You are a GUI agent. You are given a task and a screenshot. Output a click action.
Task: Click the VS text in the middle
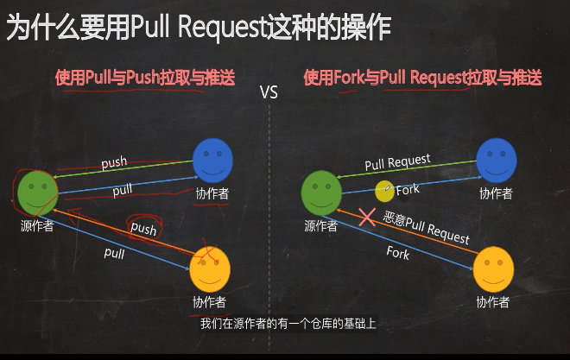tap(269, 92)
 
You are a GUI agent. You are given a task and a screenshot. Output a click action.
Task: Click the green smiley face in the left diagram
tap(37, 193)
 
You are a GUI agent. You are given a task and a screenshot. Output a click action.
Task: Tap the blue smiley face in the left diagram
tap(212, 161)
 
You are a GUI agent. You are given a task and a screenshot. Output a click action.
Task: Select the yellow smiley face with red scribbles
tap(209, 267)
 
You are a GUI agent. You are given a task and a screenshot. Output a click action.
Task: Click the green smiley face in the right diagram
tap(320, 192)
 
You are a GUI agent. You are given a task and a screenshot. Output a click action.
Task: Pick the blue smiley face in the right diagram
tap(496, 160)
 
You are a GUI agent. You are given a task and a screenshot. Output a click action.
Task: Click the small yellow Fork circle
tap(384, 190)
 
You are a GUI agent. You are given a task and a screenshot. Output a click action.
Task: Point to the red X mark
tap(367, 217)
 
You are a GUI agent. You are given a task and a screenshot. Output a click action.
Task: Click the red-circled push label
tap(143, 229)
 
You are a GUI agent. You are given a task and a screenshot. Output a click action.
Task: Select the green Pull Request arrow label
tap(397, 161)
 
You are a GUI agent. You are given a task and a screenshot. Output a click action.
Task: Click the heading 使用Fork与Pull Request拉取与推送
tap(422, 78)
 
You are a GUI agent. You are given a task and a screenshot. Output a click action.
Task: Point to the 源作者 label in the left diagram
tap(37, 227)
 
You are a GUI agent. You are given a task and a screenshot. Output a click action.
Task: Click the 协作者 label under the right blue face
tap(496, 193)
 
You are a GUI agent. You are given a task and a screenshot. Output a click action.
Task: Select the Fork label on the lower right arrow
tap(398, 254)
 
